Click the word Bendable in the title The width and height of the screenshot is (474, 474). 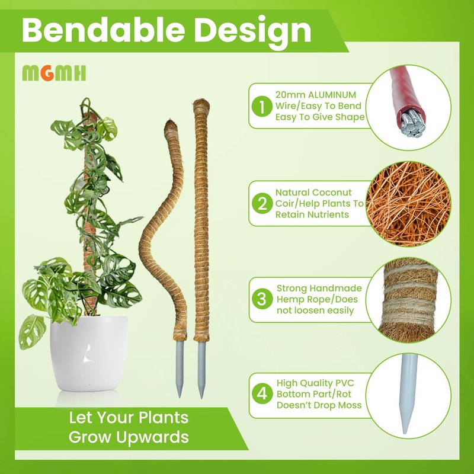pyautogui.click(x=103, y=30)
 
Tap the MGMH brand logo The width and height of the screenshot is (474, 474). pyautogui.click(x=54, y=73)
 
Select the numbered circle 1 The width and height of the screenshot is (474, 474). pyautogui.click(x=262, y=106)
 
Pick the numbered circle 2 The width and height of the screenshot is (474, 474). pyautogui.click(x=262, y=203)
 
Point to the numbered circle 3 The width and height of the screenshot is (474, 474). pyautogui.click(x=262, y=299)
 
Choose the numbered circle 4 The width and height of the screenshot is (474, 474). pyautogui.click(x=262, y=394)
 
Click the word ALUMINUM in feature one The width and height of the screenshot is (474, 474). pyautogui.click(x=332, y=95)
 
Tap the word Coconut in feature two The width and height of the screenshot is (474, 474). pyautogui.click(x=332, y=192)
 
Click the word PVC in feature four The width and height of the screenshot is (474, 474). pyautogui.click(x=344, y=383)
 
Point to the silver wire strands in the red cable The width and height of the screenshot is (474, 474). pyautogui.click(x=412, y=123)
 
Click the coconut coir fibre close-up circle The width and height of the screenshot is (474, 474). pyautogui.click(x=408, y=204)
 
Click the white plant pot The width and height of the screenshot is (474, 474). pyautogui.click(x=88, y=353)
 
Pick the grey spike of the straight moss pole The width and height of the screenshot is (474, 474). pyautogui.click(x=201, y=370)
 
